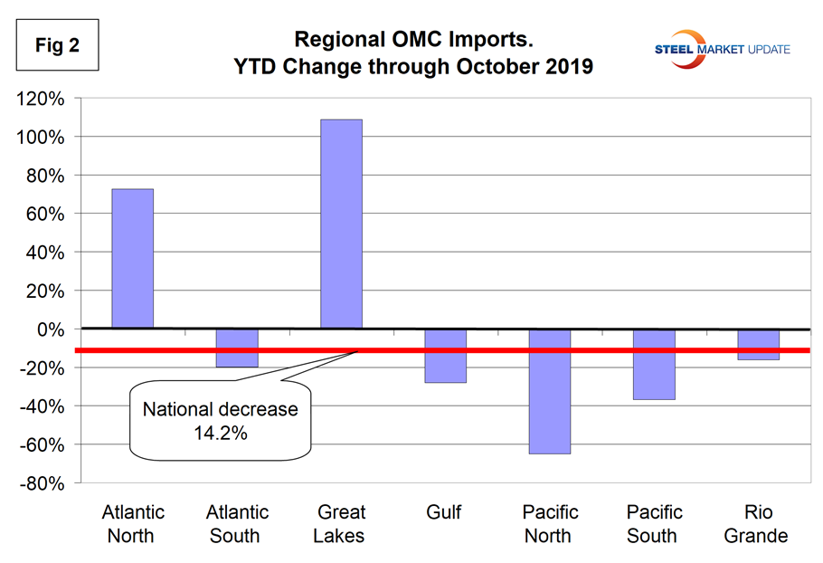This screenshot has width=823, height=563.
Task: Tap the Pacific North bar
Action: click(549, 391)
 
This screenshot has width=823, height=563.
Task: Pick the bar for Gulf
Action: click(445, 356)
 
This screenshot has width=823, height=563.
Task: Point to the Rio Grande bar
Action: click(758, 345)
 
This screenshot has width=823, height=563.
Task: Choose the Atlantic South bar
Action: click(237, 348)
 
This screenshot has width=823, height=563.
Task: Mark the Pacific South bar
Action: click(654, 364)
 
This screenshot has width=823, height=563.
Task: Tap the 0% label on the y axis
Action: click(55, 330)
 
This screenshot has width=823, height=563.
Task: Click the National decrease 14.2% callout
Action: click(220, 420)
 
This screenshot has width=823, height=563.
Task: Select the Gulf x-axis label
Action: click(444, 513)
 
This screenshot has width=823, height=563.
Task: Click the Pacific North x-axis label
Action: click(548, 524)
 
